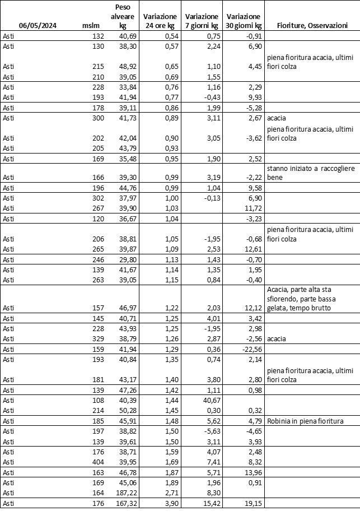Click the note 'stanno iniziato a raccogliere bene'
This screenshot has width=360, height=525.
(x=310, y=173)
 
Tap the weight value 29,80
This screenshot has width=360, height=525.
(x=127, y=259)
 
